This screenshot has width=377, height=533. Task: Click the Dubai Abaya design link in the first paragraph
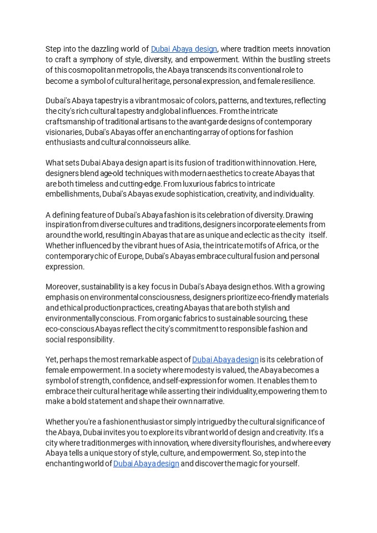(184, 49)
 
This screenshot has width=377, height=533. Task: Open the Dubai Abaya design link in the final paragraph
(146, 464)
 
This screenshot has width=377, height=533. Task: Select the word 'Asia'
(205, 246)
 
